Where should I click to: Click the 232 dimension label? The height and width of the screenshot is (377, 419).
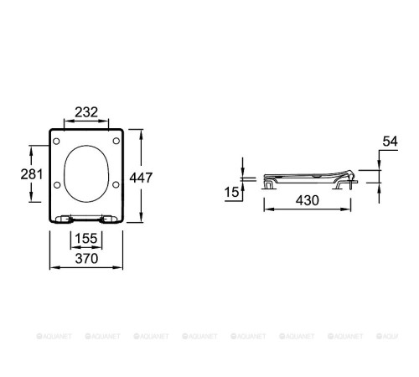point(86,112)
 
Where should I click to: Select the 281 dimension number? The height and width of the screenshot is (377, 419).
point(32,174)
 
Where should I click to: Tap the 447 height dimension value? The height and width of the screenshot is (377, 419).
point(141,178)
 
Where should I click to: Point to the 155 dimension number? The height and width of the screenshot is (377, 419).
point(86,238)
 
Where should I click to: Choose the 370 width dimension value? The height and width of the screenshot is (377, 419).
point(86,258)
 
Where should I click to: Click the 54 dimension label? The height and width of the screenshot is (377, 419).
point(390,142)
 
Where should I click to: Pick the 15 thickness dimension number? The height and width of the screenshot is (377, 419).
point(232,192)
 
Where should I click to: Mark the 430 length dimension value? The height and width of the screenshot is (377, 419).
point(308,200)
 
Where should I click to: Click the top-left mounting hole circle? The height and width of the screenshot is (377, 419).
point(56,142)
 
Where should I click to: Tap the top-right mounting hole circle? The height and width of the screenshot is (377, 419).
point(116,141)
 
